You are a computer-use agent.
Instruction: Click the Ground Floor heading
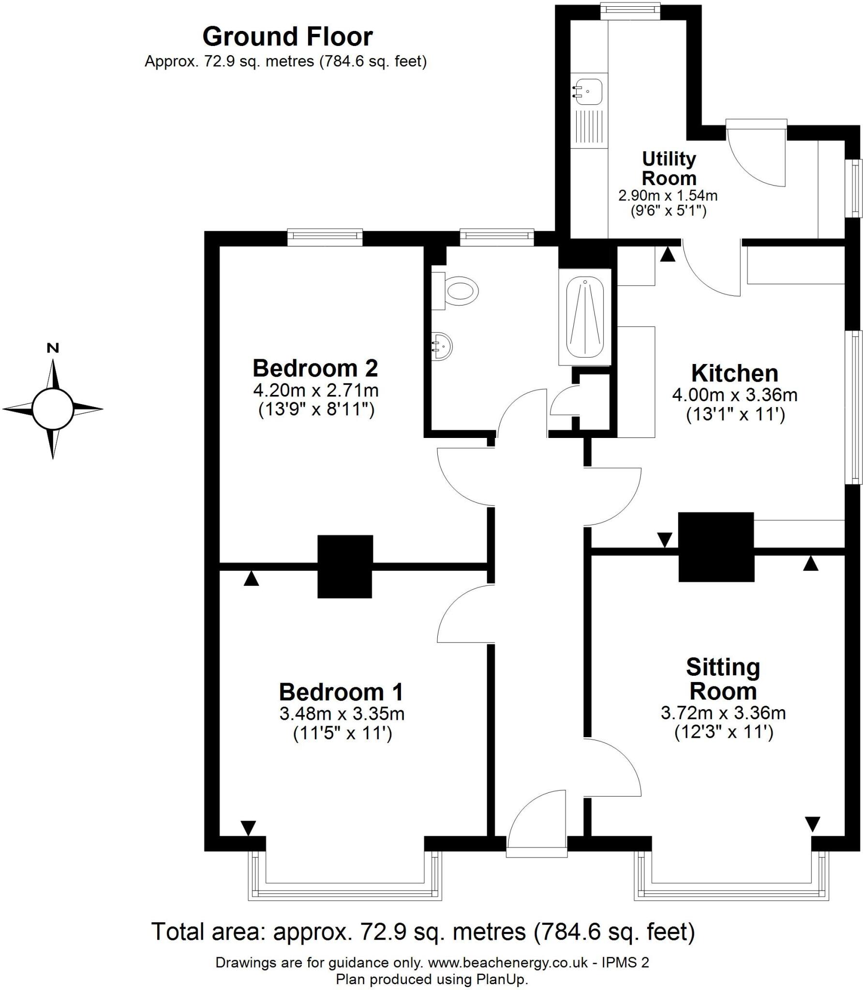click(287, 37)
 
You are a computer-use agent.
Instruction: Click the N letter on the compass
click(53, 348)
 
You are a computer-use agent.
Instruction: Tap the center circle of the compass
click(52, 409)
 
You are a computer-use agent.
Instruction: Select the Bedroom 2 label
click(315, 368)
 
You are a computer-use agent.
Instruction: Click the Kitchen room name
click(734, 374)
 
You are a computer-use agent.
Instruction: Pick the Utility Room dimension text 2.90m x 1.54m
click(668, 196)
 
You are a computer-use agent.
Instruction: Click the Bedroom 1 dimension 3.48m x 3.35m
click(342, 713)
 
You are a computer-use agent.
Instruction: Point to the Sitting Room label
click(723, 679)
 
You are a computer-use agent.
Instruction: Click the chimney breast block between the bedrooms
click(345, 566)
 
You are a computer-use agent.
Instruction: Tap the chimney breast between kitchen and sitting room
click(716, 547)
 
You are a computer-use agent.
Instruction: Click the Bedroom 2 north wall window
click(325, 236)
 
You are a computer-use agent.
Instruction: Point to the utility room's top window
click(630, 11)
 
